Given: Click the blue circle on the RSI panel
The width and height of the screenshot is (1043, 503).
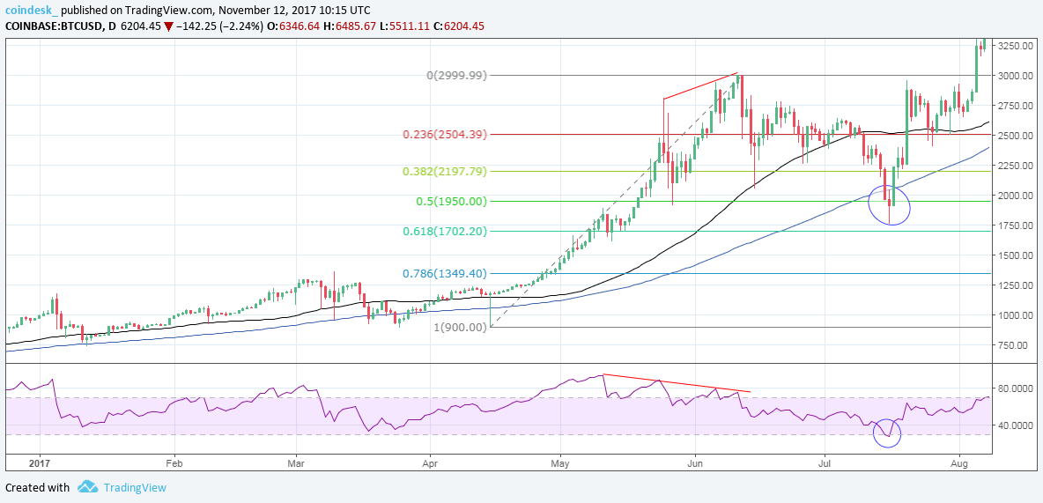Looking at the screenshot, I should coord(887,433).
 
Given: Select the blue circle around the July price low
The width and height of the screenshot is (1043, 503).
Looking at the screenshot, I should coord(889,204).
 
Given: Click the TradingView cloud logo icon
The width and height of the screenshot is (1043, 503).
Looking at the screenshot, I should coord(86,487).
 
